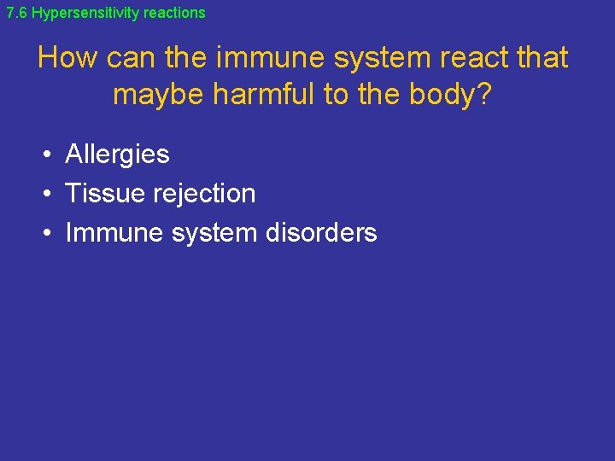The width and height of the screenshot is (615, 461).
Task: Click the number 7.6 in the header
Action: tap(17, 13)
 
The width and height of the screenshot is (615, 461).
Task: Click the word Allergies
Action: tap(117, 155)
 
